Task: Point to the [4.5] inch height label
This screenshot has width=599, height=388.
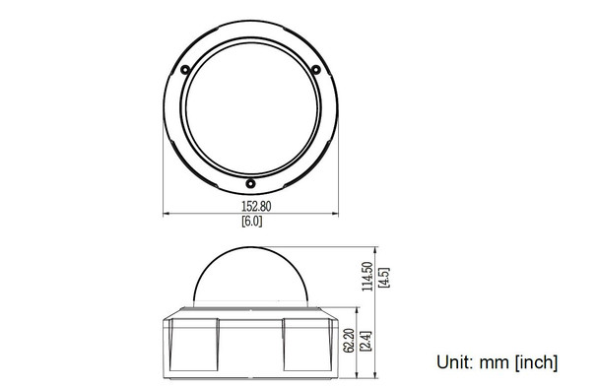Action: pos(383,276)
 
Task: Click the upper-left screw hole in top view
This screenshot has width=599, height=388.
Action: pos(186,68)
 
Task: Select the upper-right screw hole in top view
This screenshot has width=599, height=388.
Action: pos(314,68)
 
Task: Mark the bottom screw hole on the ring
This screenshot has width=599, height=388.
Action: pos(250,182)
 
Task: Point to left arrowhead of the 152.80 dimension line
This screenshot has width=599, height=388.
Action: pos(166,215)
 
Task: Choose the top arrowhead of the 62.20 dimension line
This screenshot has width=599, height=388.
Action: pos(360,312)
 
